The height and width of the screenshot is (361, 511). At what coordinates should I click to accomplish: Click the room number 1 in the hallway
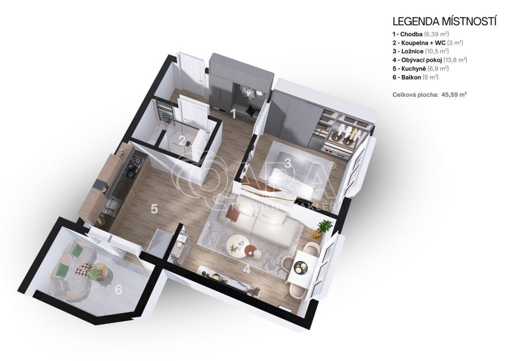coord(233,113)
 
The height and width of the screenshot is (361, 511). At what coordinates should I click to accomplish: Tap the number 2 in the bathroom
coord(182,140)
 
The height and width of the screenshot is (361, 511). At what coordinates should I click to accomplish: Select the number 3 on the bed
coord(287,163)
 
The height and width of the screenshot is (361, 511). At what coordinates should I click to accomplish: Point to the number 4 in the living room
coord(247,269)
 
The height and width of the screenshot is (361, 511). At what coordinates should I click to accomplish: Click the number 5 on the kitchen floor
coord(154,209)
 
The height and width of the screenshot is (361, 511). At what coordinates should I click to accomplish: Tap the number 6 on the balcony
coord(118,289)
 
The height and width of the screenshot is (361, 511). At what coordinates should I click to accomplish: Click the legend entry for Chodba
coord(421,34)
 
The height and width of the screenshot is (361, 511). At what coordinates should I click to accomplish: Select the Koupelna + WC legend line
coord(428,43)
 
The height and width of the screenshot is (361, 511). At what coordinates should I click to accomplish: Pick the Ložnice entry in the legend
coord(420,51)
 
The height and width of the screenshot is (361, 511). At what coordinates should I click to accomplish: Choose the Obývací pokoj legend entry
coord(430,60)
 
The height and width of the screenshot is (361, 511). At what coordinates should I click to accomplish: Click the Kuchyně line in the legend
coord(420,68)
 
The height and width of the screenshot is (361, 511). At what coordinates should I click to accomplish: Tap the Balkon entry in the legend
coord(415,77)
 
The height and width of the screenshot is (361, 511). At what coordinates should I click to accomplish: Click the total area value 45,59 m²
coord(454,95)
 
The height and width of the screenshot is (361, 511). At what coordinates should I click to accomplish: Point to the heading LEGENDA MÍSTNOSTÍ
coord(445,21)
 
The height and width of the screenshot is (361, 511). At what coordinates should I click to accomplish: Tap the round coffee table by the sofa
coord(239,247)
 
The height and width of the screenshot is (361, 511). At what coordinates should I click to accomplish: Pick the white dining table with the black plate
coord(302,267)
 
